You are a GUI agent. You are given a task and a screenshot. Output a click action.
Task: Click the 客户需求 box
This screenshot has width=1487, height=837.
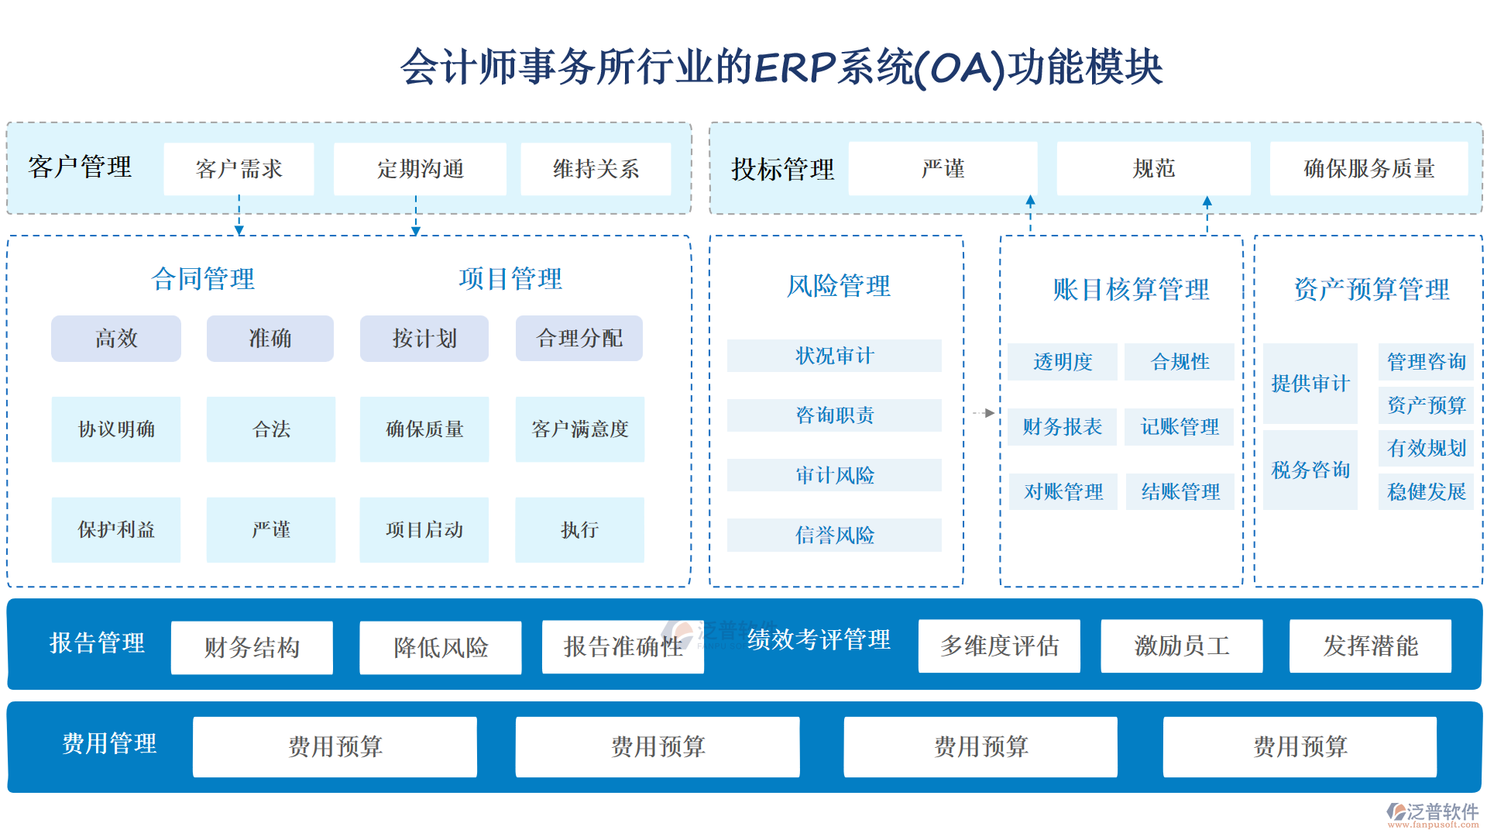(x=239, y=169)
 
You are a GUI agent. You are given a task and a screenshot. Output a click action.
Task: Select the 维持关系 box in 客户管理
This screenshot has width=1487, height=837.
(x=596, y=169)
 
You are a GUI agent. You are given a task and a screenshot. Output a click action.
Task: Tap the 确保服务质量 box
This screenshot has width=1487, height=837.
(x=1369, y=169)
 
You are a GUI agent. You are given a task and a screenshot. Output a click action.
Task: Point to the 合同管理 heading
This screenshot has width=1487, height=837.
(x=203, y=279)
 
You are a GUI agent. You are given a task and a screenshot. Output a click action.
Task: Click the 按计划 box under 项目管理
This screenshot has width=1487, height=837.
(x=424, y=339)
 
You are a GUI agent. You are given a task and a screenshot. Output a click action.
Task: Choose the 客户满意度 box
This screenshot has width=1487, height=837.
(x=579, y=429)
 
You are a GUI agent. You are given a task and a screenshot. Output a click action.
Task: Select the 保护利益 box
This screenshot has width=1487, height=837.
(x=116, y=530)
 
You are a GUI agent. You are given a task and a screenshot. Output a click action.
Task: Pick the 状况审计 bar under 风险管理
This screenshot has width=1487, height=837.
(x=834, y=356)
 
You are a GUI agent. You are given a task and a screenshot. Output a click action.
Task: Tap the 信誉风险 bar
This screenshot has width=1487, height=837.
(x=834, y=535)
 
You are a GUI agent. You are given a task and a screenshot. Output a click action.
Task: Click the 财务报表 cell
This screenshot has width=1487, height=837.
(x=1062, y=427)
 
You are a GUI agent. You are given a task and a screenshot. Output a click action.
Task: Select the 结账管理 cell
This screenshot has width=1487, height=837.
(x=1180, y=492)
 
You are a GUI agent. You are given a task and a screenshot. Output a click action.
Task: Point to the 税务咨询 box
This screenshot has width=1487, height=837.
(x=1310, y=470)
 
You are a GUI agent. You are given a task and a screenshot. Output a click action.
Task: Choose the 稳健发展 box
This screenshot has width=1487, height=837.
(x=1426, y=492)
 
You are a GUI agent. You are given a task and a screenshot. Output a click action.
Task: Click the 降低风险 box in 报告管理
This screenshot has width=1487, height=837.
(x=440, y=647)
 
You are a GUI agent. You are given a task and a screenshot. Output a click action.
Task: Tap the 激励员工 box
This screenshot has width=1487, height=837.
(x=1181, y=646)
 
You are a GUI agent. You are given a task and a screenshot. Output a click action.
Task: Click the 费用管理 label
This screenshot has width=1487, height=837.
(x=109, y=744)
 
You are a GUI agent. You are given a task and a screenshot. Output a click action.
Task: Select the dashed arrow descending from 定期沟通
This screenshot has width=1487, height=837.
(x=416, y=215)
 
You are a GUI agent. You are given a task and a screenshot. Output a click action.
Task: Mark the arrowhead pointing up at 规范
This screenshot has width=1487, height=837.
(x=1207, y=202)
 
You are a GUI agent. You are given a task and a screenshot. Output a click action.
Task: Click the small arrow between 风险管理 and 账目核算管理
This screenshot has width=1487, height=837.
(x=984, y=413)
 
